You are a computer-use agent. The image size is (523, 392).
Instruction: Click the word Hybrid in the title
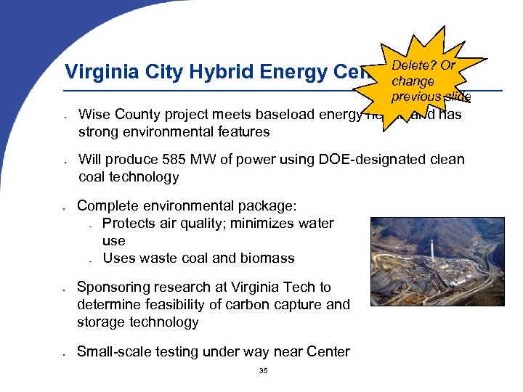click(217, 73)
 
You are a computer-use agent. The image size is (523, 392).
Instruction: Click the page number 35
click(263, 372)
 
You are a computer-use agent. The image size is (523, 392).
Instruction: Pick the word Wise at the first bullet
click(94, 114)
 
